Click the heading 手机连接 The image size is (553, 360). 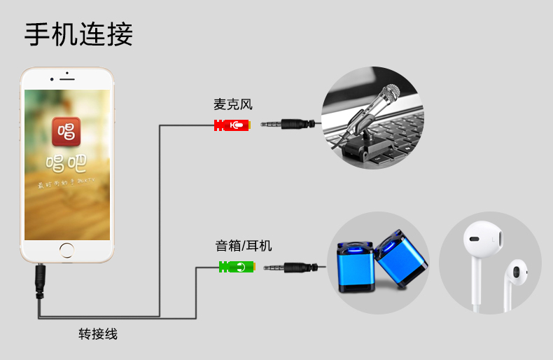tap(78, 34)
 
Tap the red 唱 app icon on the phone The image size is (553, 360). tap(66, 131)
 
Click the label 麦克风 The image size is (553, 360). tap(232, 105)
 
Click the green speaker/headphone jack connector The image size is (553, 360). tap(236, 267)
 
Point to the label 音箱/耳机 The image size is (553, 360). tap(243, 246)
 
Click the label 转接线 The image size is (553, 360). tap(97, 333)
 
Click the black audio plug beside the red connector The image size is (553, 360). tap(286, 125)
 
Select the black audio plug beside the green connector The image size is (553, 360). tap(291, 267)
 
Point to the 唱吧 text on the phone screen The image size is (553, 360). tap(66, 164)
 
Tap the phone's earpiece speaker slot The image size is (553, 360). tap(67, 78)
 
